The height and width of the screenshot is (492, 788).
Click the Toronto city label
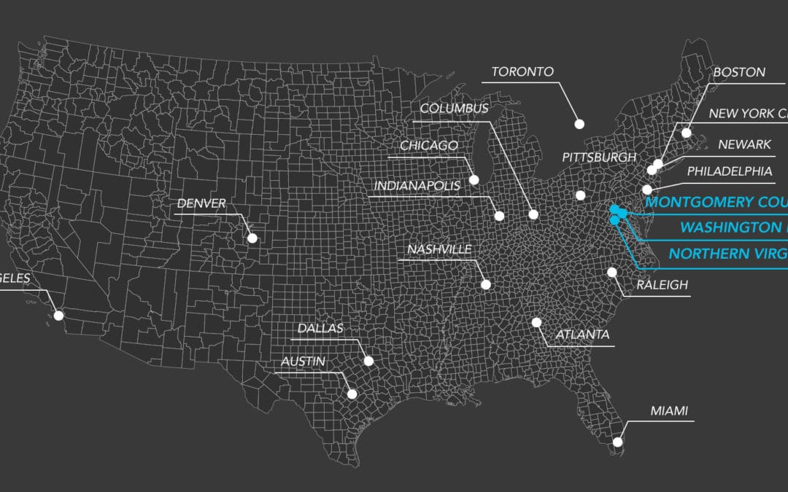click(522, 72)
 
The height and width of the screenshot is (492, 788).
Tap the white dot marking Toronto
click(579, 124)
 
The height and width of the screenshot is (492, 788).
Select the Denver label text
click(201, 203)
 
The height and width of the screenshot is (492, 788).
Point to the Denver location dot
click(252, 238)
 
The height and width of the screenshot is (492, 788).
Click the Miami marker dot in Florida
click(618, 441)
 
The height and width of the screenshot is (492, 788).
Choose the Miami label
click(669, 411)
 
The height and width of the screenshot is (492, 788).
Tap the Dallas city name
click(320, 328)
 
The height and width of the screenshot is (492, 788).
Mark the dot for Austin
click(352, 394)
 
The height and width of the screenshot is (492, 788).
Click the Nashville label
click(439, 249)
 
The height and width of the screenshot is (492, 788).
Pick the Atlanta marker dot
click(536, 322)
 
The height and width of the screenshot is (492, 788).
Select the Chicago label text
click(428, 146)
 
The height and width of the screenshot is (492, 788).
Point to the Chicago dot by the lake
click(474, 179)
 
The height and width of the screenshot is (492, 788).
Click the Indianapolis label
click(417, 186)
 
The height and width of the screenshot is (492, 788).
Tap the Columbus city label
click(454, 109)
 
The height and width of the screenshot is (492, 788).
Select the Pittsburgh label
click(599, 157)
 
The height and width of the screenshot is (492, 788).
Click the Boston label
click(739, 72)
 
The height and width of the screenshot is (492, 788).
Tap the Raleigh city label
click(662, 284)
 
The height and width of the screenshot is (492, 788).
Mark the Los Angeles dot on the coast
click(58, 316)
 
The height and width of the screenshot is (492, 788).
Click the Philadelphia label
click(729, 171)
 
